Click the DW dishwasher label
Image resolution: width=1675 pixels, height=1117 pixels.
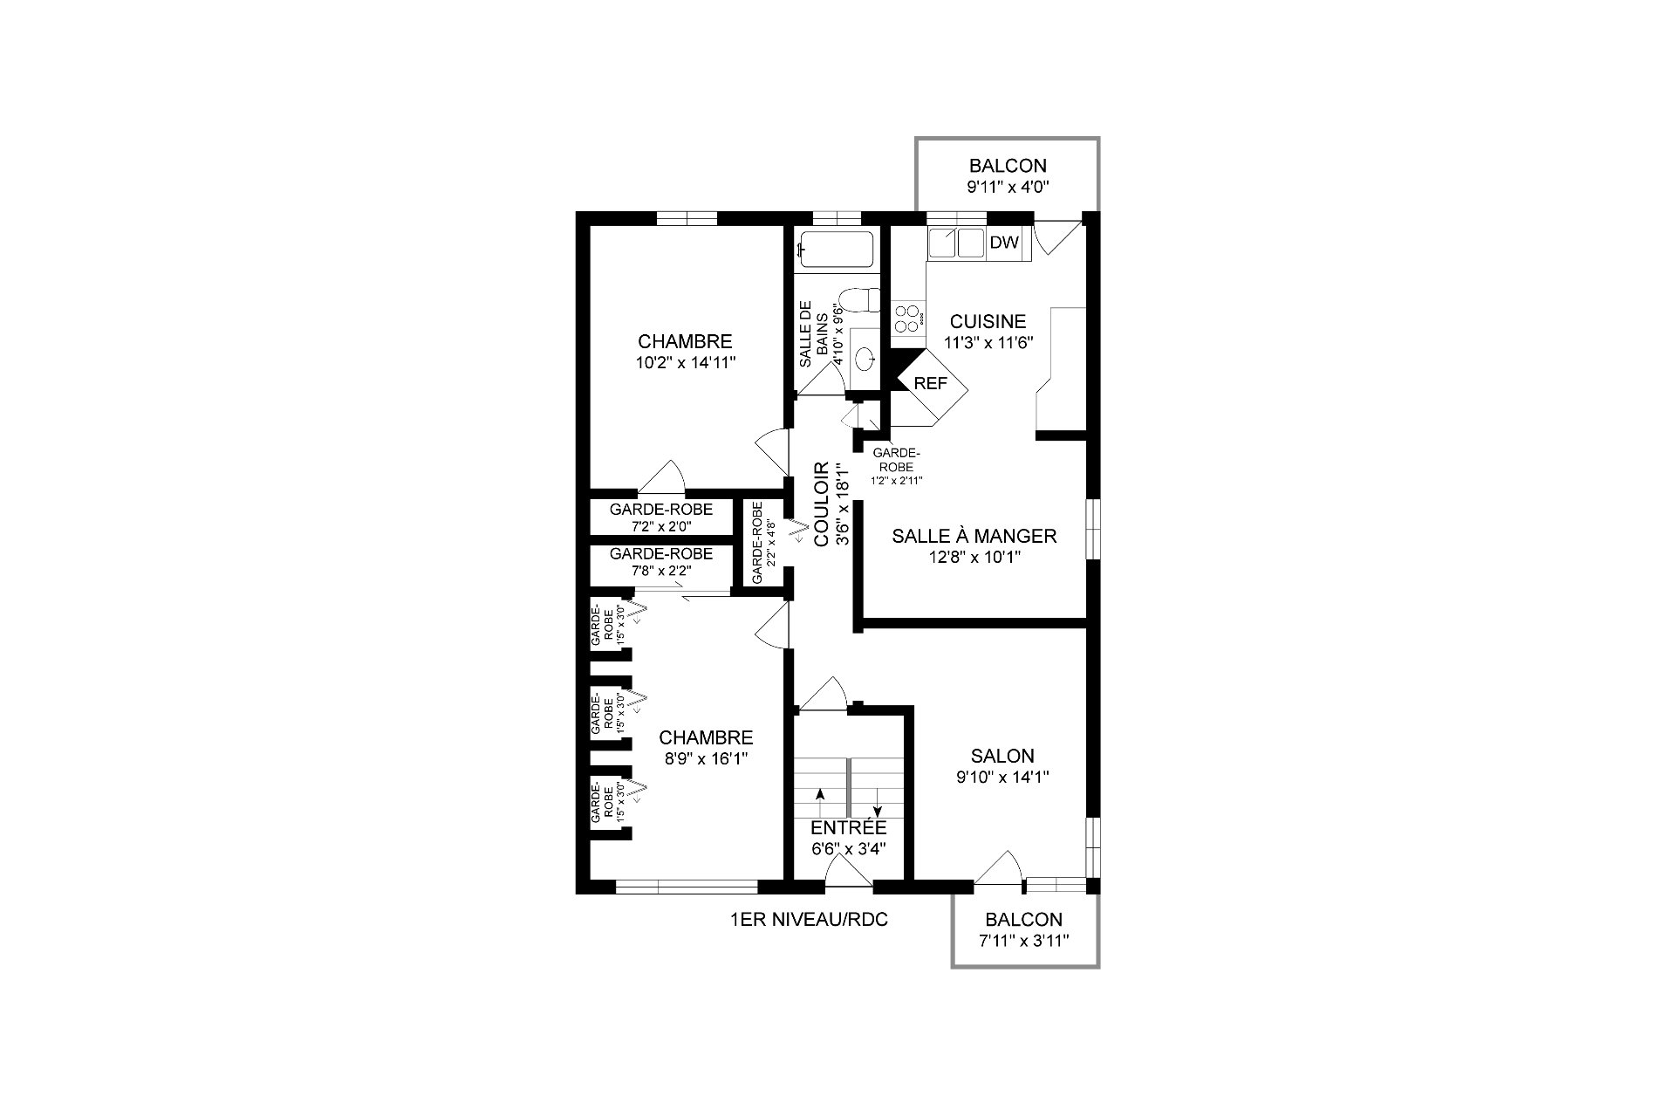pos(1004,243)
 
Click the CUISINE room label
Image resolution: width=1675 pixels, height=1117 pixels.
pos(988,322)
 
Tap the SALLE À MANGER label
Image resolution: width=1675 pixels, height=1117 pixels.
pos(974,536)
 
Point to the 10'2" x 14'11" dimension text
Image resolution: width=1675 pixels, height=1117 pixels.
pos(685,362)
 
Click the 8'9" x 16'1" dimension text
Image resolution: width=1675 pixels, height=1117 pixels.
pos(706,758)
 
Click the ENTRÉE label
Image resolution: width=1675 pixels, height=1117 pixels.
pos(848,827)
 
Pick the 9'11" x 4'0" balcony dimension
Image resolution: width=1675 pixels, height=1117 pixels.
pos(1008,186)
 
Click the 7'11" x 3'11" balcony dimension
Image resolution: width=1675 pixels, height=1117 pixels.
pos(1023,940)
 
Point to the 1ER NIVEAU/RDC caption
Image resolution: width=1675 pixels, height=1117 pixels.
pos(809,919)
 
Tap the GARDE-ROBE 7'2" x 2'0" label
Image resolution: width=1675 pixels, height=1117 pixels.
pos(660,517)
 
